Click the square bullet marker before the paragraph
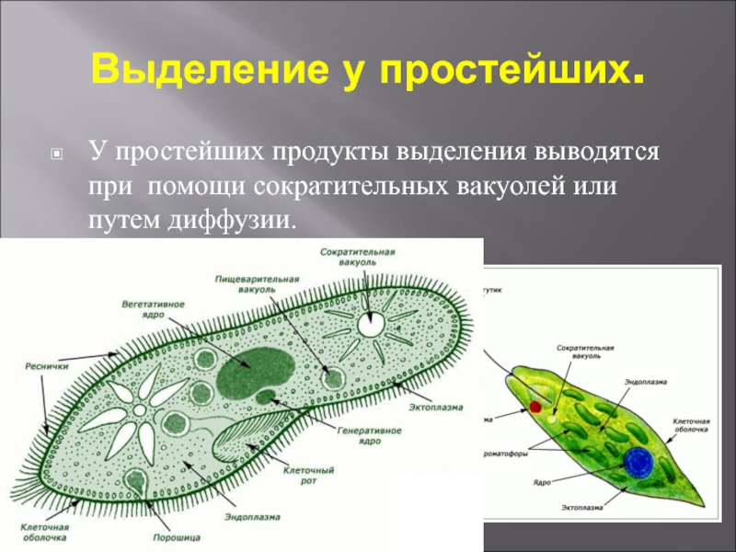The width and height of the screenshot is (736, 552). [x=57, y=153]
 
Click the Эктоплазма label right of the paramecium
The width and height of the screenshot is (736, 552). [x=436, y=406]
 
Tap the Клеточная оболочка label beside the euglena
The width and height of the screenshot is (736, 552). [x=690, y=424]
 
